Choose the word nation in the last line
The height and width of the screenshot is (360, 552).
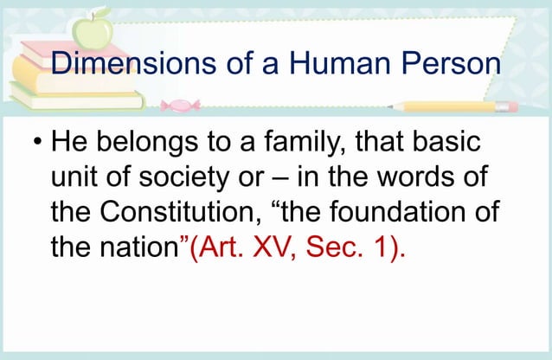click(136, 249)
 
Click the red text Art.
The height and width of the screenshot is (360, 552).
click(217, 249)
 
